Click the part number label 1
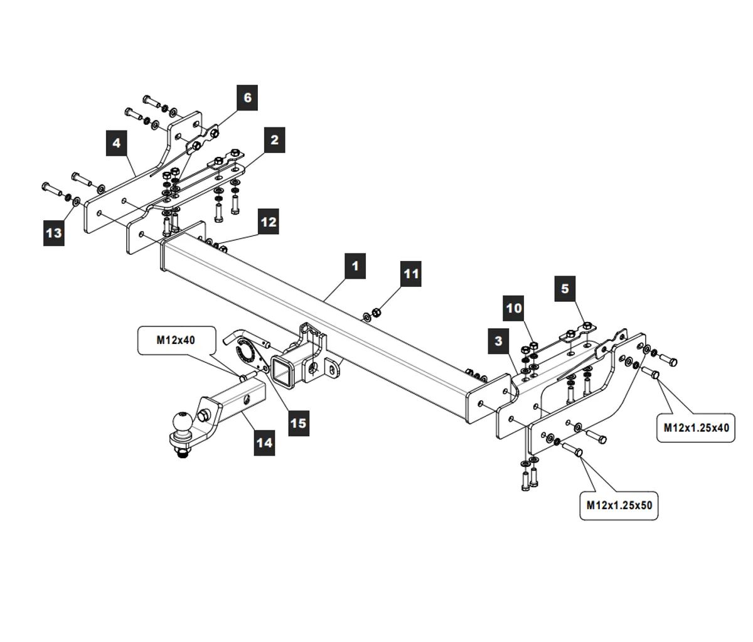tap(355, 265)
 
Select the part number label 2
tap(274, 140)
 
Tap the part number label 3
tap(499, 341)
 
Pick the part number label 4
tap(117, 144)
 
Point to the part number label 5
tap(565, 288)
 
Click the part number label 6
tap(247, 97)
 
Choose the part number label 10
tap(514, 308)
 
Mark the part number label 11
tap(411, 274)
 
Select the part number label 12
tap(268, 222)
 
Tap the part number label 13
tap(54, 233)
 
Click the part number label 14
tap(264, 442)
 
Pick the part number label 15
tap(298, 423)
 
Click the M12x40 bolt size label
tap(176, 340)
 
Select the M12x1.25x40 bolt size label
tap(697, 428)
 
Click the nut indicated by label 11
tap(376, 312)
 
